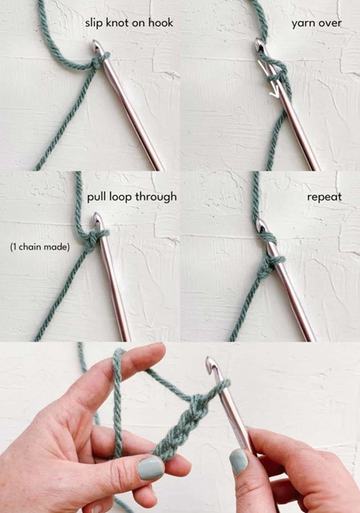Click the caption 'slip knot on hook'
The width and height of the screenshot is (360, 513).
click(x=129, y=23)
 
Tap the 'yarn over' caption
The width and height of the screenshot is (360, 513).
click(x=316, y=24)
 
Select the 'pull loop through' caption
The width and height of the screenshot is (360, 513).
click(x=132, y=198)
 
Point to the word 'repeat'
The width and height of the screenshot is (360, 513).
click(x=325, y=198)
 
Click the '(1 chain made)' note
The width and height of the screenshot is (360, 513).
click(x=40, y=247)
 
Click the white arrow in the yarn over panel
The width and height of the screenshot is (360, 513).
click(x=270, y=78)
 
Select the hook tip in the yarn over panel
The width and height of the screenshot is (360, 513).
click(x=260, y=43)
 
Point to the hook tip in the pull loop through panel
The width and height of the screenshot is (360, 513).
click(x=98, y=218)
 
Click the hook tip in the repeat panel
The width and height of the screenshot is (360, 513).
click(x=262, y=225)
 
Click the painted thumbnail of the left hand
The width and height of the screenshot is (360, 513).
click(x=150, y=468)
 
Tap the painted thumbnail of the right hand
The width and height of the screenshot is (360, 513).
click(x=238, y=461)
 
